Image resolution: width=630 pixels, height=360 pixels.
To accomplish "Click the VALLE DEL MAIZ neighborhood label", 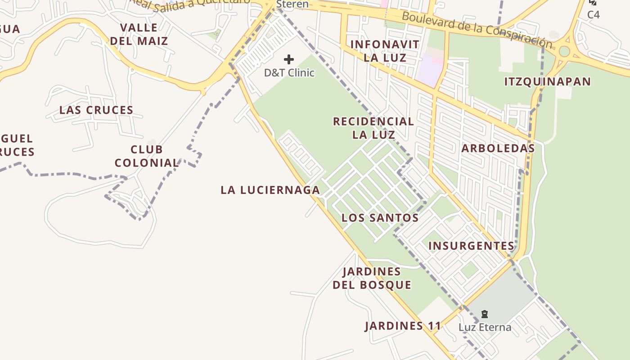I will click(139, 34).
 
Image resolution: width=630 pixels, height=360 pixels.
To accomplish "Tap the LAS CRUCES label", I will click(96, 110).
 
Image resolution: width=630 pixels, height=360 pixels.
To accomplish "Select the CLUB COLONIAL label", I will click(147, 156).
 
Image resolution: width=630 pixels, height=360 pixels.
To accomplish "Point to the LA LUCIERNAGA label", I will click(270, 190).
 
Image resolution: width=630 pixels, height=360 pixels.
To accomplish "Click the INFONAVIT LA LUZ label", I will click(385, 51).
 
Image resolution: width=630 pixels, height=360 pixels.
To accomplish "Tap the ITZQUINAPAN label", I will click(547, 81).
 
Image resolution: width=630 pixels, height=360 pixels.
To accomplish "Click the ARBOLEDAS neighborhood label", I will click(498, 148).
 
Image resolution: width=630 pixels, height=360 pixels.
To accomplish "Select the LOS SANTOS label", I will click(380, 218).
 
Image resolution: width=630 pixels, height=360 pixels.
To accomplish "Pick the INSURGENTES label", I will click(471, 246).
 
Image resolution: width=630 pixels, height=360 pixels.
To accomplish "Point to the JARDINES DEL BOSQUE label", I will click(372, 278).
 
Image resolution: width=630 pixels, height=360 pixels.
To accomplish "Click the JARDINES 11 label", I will click(403, 326).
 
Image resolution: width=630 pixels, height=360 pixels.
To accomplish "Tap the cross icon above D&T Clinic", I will click(289, 59).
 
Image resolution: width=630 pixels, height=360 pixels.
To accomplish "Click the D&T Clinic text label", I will click(289, 72).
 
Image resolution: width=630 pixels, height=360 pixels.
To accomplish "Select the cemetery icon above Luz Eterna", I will click(485, 314).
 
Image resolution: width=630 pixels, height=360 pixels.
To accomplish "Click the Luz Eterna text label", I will click(485, 327).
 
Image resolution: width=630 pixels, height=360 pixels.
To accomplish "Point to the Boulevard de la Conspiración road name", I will click(477, 30).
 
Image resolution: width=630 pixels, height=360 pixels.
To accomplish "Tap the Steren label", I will click(292, 4).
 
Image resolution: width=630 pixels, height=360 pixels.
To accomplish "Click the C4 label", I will click(594, 14).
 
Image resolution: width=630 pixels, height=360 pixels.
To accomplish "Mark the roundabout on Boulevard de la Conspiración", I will click(564, 51).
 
